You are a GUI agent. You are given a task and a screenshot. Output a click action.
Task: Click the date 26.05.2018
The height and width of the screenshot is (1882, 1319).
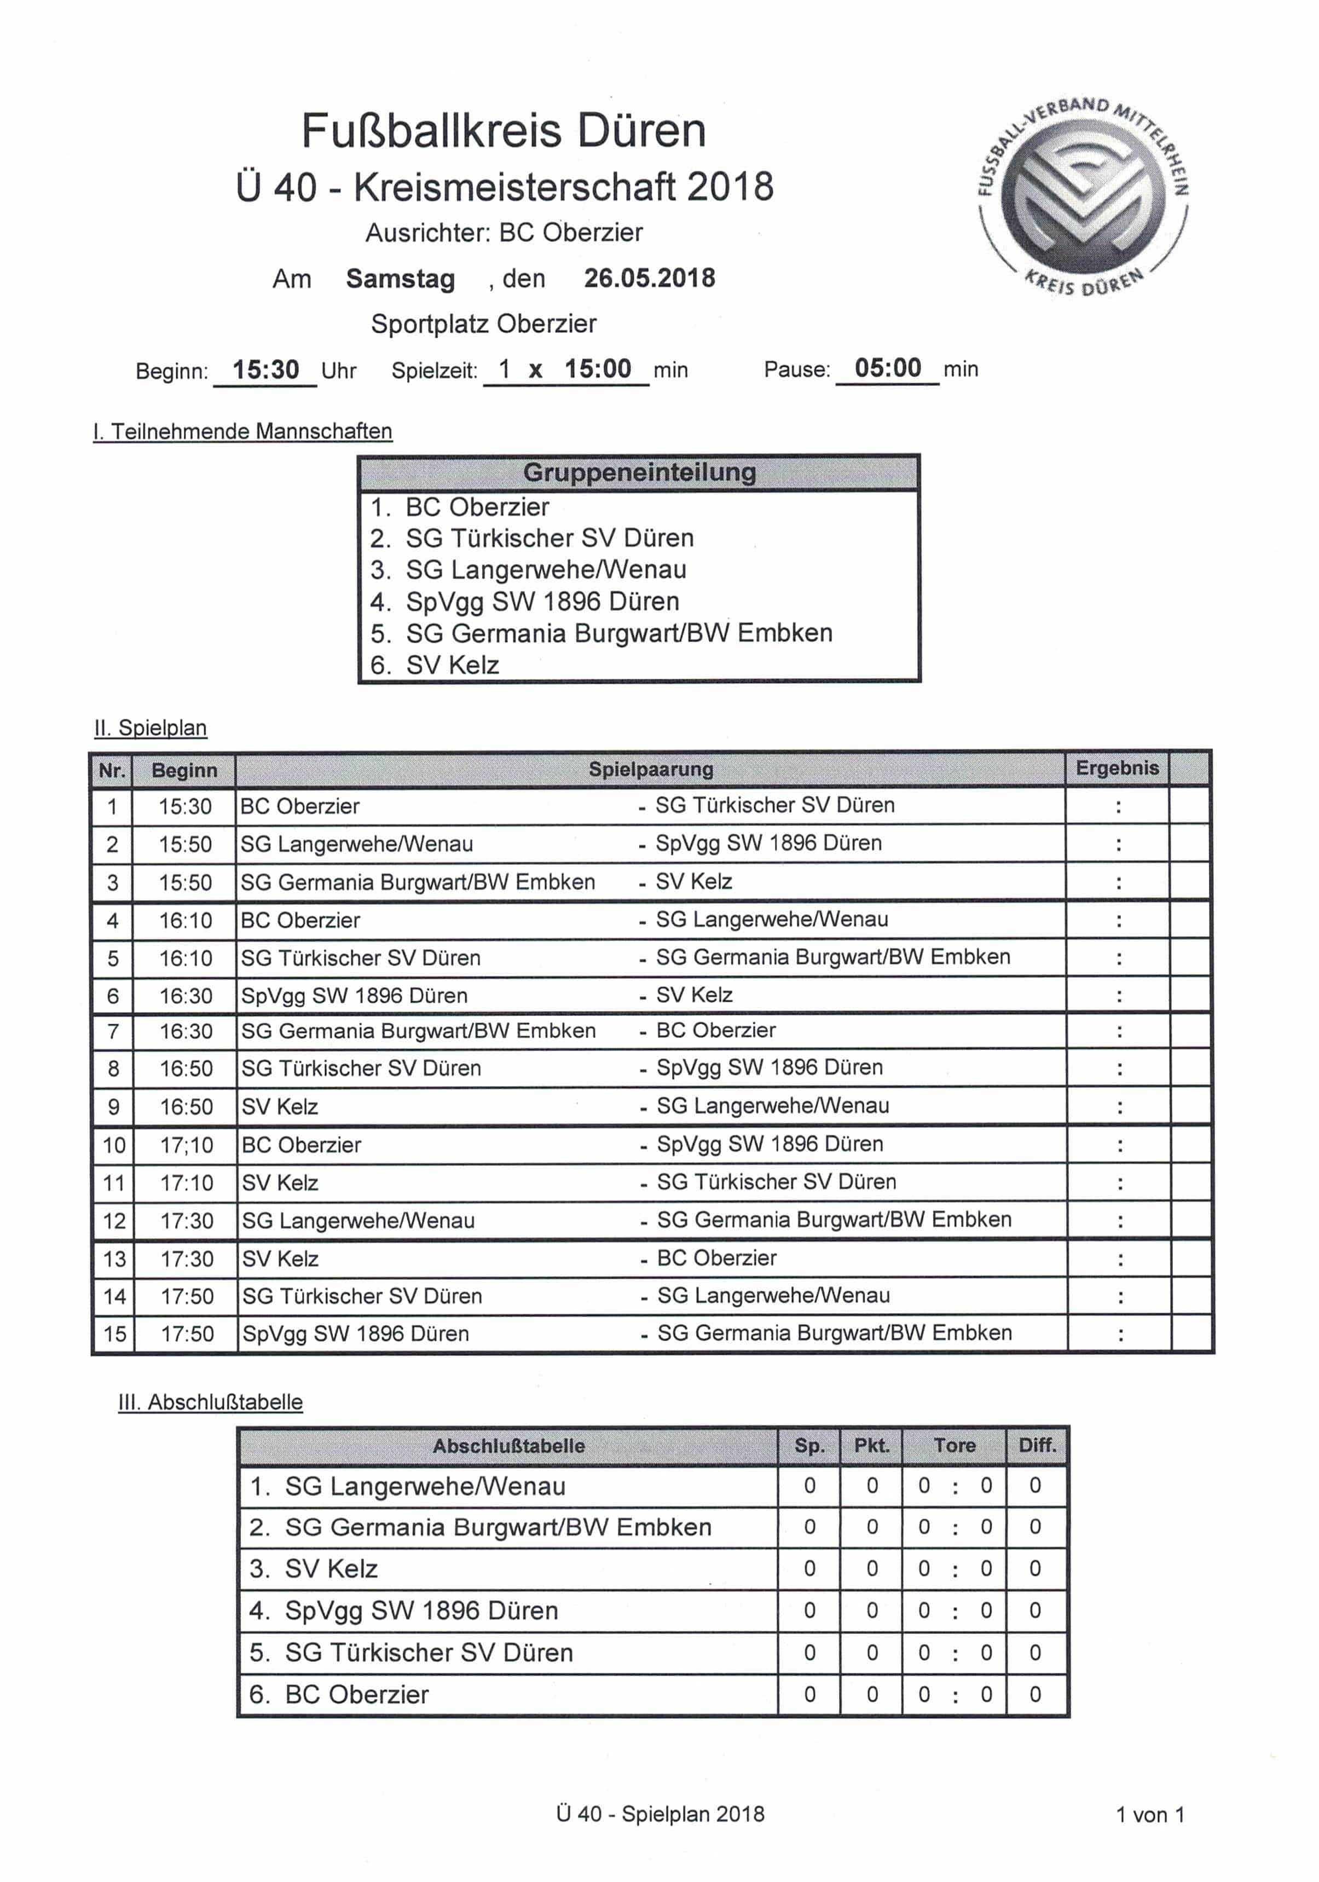pos(649,279)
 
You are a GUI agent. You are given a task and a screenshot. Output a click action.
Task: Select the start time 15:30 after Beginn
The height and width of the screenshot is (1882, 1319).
pos(265,370)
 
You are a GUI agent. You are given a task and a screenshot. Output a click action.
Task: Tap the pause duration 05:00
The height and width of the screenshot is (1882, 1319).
pos(888,368)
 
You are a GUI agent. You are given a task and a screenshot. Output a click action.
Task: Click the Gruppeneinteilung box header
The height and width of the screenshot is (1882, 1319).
pos(639,473)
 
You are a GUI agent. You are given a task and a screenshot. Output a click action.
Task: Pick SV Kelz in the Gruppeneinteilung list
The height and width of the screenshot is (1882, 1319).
pos(453,665)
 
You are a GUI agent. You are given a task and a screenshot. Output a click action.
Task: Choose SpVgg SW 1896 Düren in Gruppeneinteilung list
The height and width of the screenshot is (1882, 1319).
pos(543,602)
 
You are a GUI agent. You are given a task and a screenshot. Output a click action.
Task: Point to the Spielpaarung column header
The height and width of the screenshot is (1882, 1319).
pos(651,769)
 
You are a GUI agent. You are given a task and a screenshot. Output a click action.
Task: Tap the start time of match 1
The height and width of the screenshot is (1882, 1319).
pos(186,806)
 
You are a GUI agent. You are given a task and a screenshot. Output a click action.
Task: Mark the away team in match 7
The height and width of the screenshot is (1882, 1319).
pos(716,1030)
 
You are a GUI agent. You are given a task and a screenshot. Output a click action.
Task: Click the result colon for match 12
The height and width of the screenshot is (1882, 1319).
pos(1120,1221)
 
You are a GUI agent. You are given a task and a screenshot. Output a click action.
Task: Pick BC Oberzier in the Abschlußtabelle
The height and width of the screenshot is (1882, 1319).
pos(357,1694)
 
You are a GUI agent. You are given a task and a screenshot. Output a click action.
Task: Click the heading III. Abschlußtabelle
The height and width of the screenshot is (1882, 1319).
pos(211,1402)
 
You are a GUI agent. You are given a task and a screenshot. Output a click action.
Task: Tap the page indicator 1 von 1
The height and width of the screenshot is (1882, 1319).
pos(1149,1815)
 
